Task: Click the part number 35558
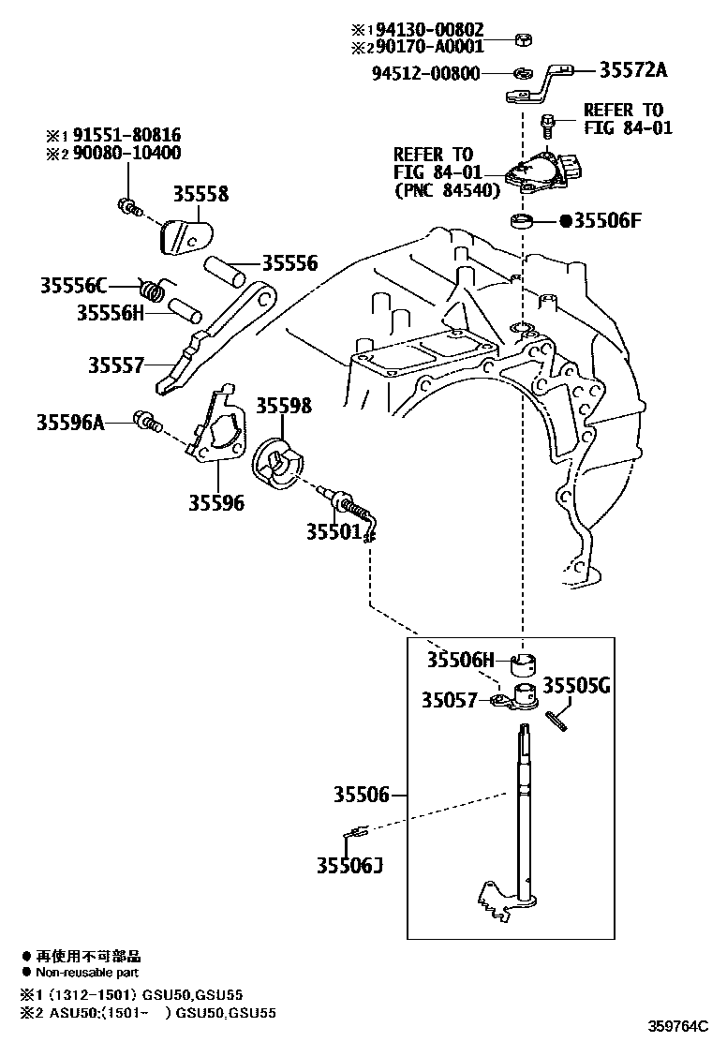click(200, 195)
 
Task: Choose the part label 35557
click(117, 364)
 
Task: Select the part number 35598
click(285, 406)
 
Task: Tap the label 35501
click(333, 531)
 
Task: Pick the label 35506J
click(349, 863)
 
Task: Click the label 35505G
click(577, 685)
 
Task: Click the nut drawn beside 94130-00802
click(522, 39)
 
